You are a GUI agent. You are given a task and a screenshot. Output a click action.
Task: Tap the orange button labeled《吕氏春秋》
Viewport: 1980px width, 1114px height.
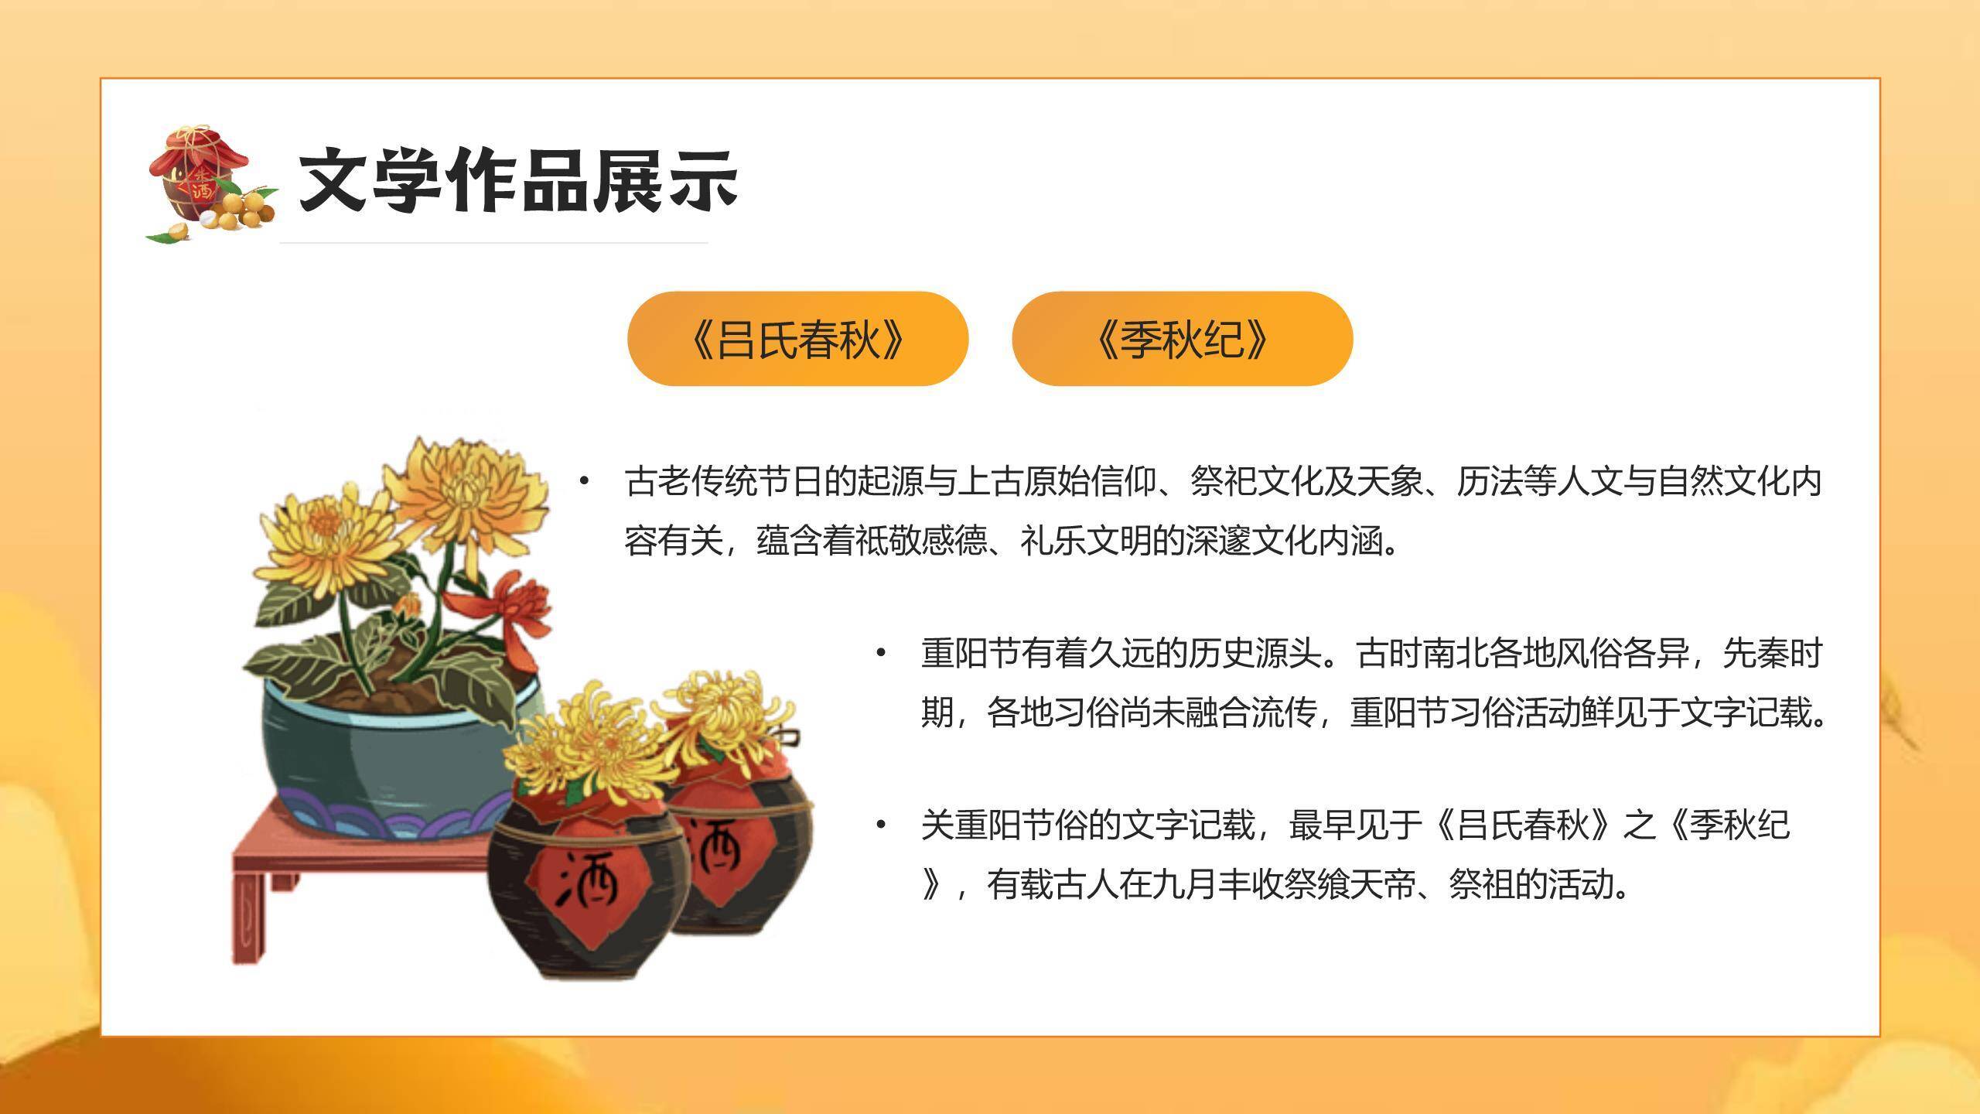coord(797,339)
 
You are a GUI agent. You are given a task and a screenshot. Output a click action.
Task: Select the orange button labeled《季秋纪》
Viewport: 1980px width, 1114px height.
coord(1182,339)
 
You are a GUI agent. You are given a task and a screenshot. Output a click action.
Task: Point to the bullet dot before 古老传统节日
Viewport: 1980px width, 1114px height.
coord(584,482)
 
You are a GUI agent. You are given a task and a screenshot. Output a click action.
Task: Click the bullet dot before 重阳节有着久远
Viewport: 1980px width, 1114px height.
coord(880,654)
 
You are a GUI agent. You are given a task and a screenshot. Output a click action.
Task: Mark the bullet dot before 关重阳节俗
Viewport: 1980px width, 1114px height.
coord(880,825)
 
